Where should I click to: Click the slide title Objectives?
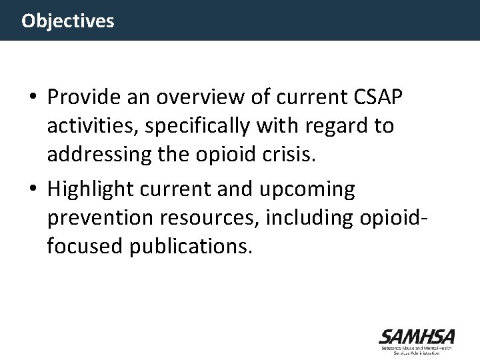pyautogui.click(x=67, y=21)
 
